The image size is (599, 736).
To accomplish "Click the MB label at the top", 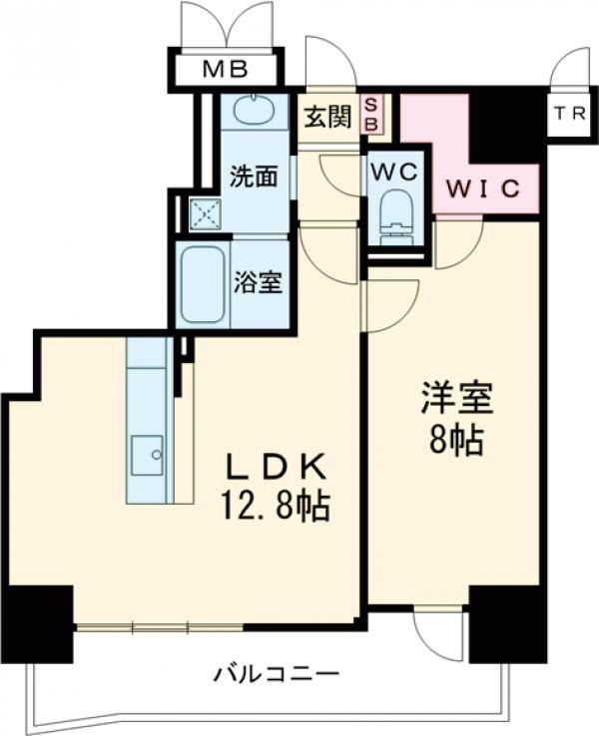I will (226, 70).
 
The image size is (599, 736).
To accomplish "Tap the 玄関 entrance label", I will (326, 117).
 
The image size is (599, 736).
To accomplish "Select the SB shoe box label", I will (370, 113).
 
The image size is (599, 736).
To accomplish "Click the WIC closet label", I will (483, 187).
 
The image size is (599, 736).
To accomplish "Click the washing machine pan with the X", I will (205, 212).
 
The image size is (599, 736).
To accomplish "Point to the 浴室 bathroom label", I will (258, 282).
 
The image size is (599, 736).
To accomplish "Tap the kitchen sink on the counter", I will (150, 457).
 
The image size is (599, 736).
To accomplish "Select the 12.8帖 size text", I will (276, 509).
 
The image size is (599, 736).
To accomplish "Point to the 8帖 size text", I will (456, 439).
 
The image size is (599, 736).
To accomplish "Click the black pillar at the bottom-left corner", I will (37, 622).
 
